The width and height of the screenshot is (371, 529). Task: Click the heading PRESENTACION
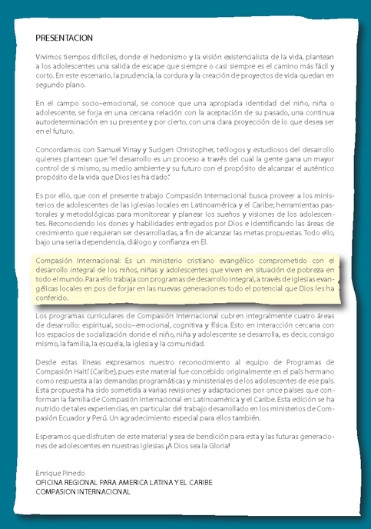[64, 38]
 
